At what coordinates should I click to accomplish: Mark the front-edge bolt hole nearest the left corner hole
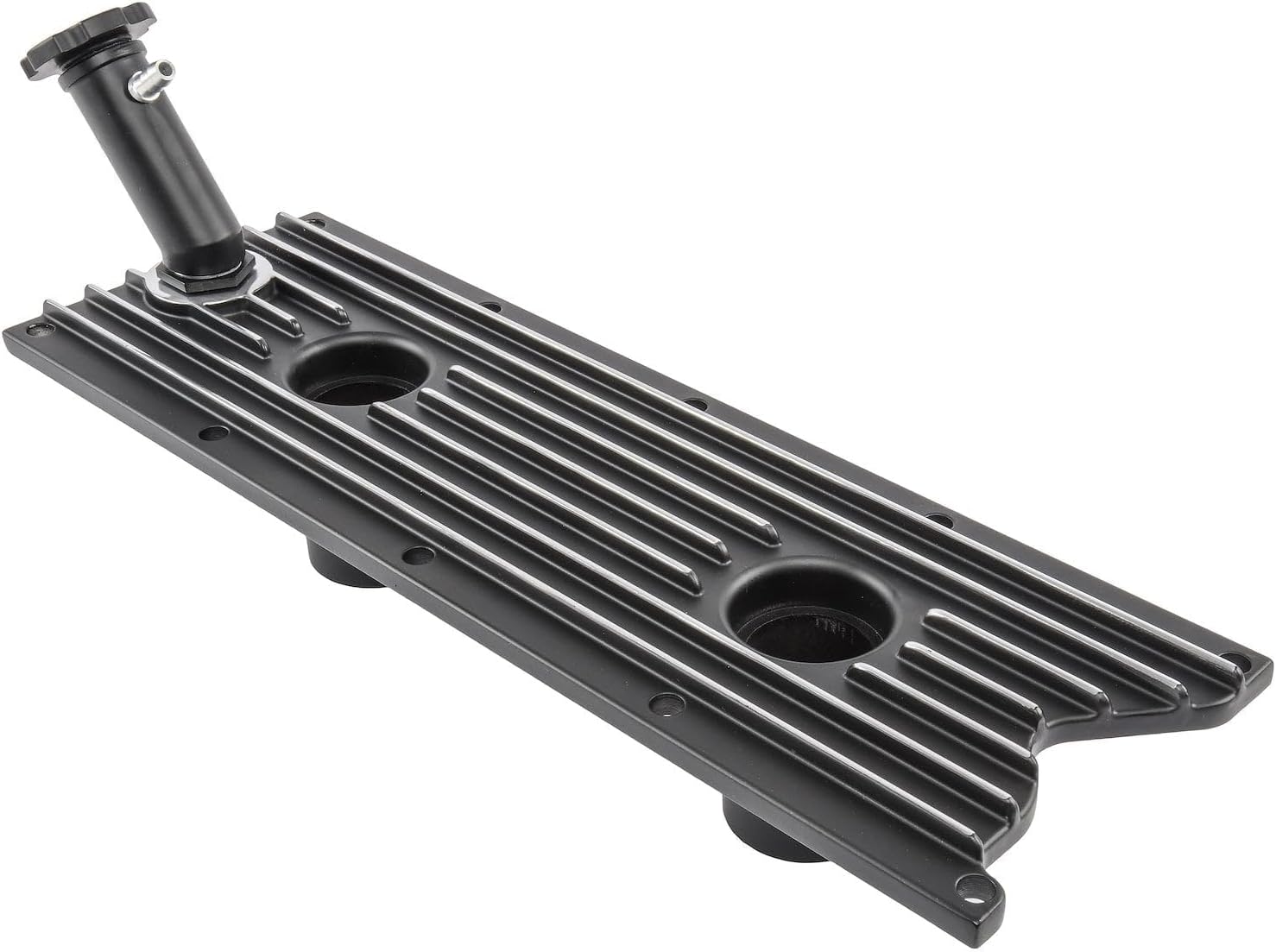pos(212,434)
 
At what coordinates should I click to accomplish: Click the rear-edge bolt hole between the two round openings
pos(693,401)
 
